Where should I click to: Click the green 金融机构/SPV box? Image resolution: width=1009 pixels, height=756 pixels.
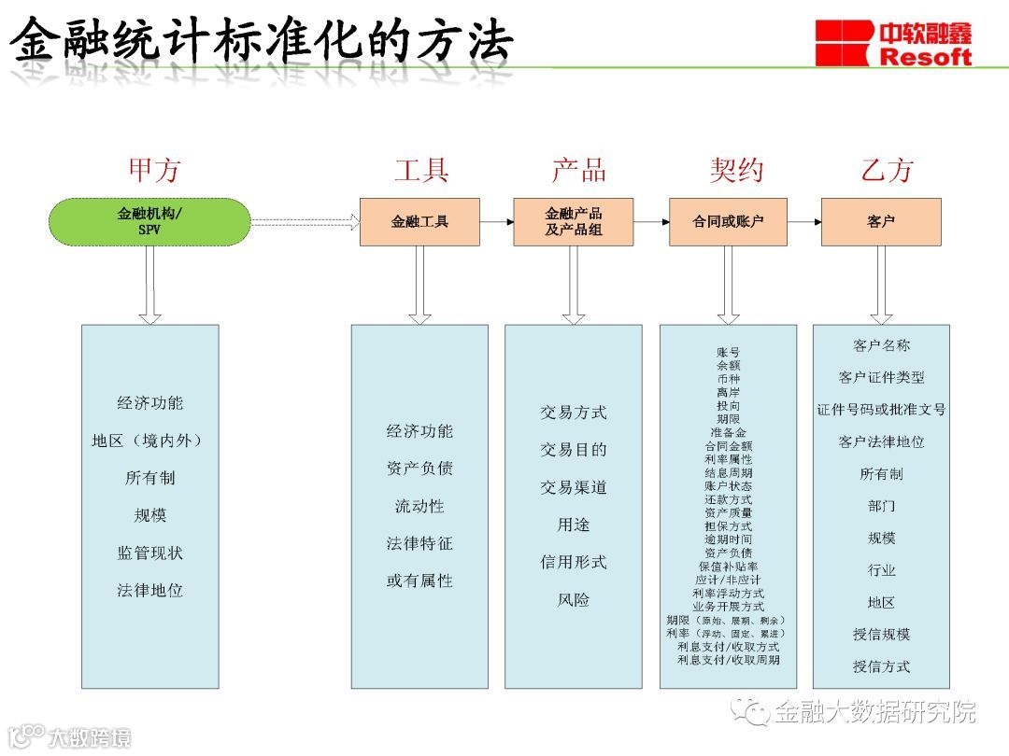149,221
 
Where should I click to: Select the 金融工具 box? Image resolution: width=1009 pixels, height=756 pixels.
419,222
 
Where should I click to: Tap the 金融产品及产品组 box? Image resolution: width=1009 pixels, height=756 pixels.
573,222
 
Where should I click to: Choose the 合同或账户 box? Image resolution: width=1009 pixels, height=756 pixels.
728,222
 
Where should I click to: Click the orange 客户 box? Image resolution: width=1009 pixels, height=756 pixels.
881,222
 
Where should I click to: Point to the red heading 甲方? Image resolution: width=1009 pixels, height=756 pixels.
154,170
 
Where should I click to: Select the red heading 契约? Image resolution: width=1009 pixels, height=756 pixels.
736,170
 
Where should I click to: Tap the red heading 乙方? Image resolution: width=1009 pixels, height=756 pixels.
887,170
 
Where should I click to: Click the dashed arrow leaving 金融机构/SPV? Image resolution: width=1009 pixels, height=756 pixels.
306,222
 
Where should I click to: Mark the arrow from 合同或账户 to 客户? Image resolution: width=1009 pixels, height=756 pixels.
804,222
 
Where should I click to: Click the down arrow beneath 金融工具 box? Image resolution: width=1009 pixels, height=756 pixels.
419,285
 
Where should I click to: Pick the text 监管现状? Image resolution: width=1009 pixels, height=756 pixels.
149,553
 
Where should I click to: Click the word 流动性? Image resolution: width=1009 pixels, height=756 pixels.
419,506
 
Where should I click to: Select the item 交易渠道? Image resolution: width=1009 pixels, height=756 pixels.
573,487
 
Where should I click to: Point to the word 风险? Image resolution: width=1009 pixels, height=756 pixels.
573,599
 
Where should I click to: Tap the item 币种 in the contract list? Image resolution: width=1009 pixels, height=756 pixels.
728,380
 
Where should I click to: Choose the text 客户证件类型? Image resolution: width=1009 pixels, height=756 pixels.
881,377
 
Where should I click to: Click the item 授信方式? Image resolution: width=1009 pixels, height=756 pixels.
881,666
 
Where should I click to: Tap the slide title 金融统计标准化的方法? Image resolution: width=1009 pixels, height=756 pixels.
262,39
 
